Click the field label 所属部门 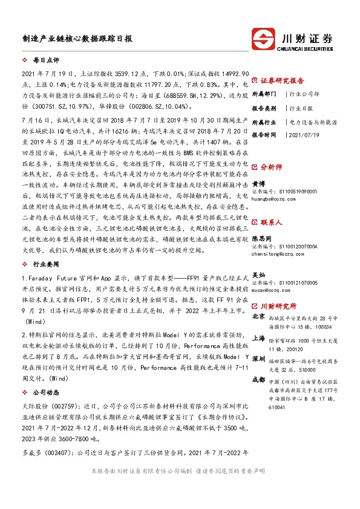[x=264, y=94]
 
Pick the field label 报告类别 [x=264, y=108]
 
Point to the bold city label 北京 [x=258, y=316]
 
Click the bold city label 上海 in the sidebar [x=258, y=339]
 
